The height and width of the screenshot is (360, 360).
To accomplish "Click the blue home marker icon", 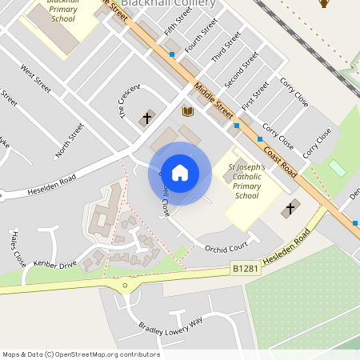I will [180, 172].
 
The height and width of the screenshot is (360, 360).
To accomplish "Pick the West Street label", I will [37, 78].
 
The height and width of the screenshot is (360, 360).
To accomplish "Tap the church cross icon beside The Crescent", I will [146, 119].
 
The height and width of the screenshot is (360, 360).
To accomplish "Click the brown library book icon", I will [188, 111].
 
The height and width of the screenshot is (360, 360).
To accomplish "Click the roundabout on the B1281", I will [125, 286].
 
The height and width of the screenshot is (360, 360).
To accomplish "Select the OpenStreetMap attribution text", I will [81, 354].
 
